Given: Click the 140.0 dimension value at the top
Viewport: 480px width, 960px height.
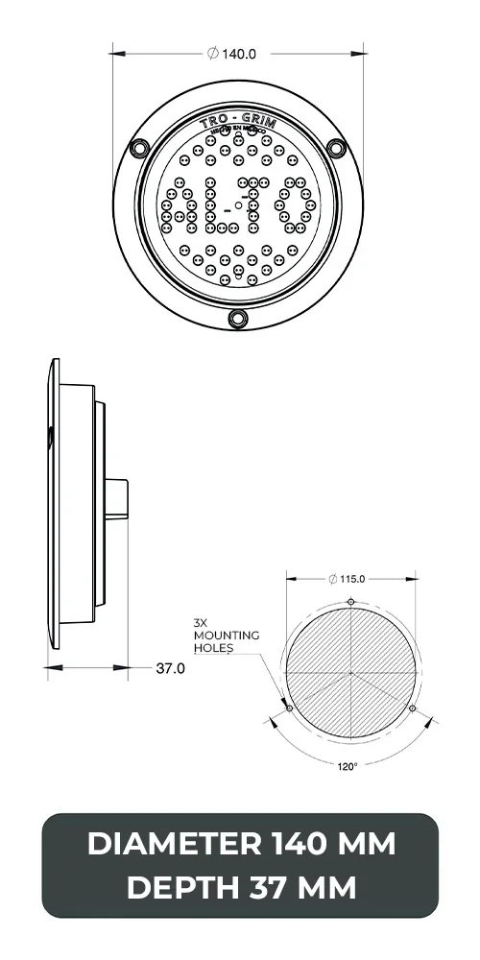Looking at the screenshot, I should pyautogui.click(x=239, y=54).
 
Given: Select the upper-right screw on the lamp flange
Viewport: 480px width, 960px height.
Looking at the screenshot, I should pyautogui.click(x=336, y=148).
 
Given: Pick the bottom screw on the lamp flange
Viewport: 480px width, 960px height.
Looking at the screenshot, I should pyautogui.click(x=237, y=318).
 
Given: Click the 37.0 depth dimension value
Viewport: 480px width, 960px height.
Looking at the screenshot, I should pyautogui.click(x=170, y=668).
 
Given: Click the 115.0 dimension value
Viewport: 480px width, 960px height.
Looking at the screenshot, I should pyautogui.click(x=357, y=579).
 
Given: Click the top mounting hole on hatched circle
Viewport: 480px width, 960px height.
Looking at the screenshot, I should pyautogui.click(x=351, y=602).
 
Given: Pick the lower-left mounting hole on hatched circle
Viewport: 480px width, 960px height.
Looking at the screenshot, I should pyautogui.click(x=290, y=708).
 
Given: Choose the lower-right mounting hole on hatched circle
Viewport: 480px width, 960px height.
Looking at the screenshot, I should pyautogui.click(x=413, y=708).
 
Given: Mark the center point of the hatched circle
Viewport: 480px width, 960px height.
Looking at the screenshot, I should pyautogui.click(x=351, y=673).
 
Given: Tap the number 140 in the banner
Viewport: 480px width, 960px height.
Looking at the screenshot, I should pyautogui.click(x=302, y=845).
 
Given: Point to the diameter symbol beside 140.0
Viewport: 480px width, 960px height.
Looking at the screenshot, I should pyautogui.click(x=212, y=54).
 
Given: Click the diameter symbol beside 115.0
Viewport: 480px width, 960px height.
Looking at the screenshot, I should pyautogui.click(x=331, y=579).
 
